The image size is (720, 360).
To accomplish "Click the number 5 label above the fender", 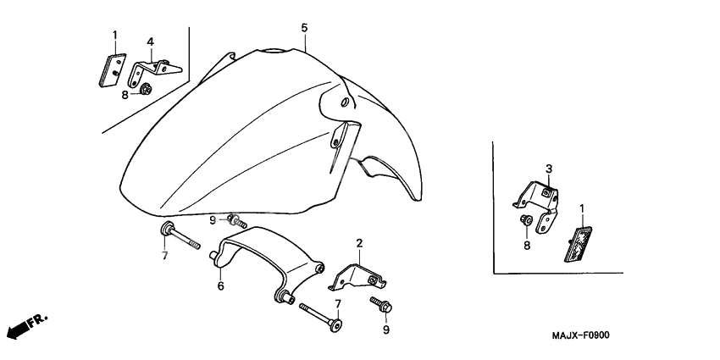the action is click(x=304, y=28).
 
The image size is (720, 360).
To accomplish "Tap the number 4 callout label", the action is click(x=150, y=42).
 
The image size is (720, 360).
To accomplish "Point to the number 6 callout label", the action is click(x=220, y=286).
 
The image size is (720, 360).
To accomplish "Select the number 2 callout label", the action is click(x=359, y=243).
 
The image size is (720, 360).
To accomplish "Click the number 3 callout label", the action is click(x=549, y=169).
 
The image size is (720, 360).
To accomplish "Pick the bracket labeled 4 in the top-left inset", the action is click(x=154, y=72).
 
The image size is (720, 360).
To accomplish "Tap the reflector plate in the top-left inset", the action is click(x=113, y=69).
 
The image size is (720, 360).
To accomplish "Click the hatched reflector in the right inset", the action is click(x=579, y=244).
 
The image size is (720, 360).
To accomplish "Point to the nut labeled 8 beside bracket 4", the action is click(x=146, y=89).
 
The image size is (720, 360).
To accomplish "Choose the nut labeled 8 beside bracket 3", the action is click(x=526, y=220).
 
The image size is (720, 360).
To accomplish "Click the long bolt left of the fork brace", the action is click(x=180, y=236).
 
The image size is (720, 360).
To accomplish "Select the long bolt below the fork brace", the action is click(x=321, y=317).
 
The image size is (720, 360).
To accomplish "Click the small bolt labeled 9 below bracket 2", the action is click(x=381, y=304).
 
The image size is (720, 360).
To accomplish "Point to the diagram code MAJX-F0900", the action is click(x=581, y=335).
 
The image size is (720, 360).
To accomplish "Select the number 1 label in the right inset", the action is click(x=582, y=209).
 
